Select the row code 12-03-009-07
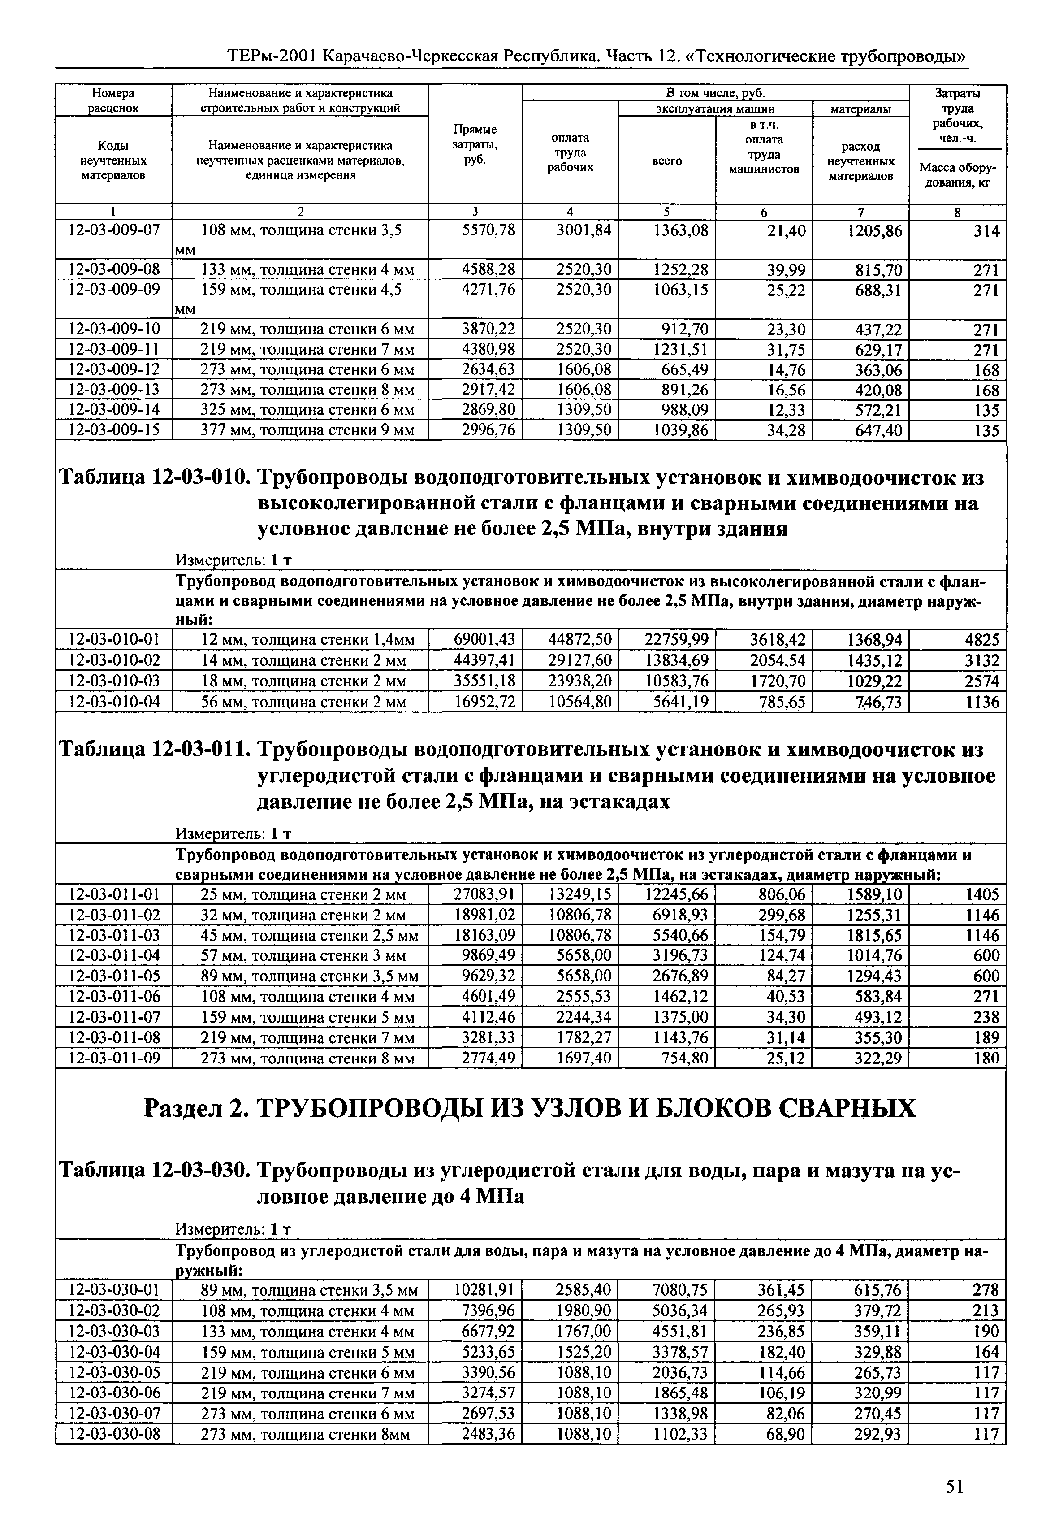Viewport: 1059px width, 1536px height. (x=114, y=231)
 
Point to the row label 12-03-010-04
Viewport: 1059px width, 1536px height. (x=114, y=702)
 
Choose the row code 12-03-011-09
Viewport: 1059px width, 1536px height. (x=114, y=1058)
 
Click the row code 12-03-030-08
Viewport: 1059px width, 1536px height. (x=114, y=1434)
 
